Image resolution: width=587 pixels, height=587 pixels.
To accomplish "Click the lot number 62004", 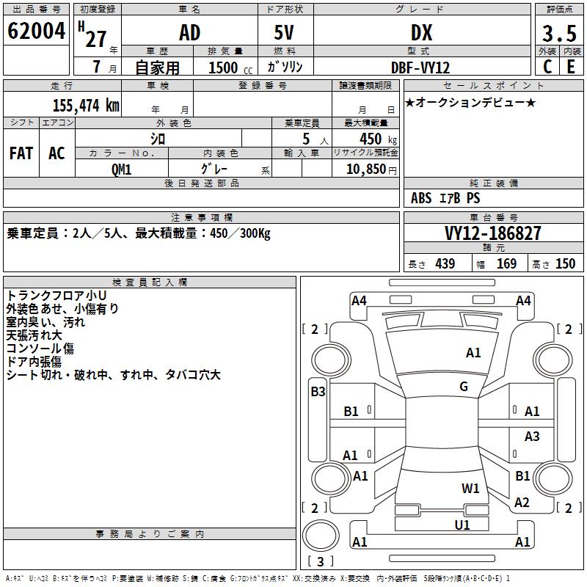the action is coord(36,32).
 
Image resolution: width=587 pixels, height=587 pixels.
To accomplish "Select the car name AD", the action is coord(189,33).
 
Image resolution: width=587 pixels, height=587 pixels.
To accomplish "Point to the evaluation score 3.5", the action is coord(558,34).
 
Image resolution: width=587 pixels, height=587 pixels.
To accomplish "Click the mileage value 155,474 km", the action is coord(86,105).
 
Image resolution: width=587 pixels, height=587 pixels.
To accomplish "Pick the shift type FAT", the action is coord(21,153).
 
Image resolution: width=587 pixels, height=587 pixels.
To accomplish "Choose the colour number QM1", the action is coord(122,168).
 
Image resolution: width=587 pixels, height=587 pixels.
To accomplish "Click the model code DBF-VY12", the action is coord(421,67).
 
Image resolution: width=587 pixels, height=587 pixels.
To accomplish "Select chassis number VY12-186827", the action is coord(493,233).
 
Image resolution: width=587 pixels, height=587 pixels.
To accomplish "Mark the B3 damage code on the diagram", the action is coord(318,392).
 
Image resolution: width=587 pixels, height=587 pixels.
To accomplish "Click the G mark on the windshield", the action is coord(464,387).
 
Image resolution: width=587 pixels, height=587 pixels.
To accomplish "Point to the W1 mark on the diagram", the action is coord(470,488).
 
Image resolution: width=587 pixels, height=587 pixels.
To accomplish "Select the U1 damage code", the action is coord(462,525).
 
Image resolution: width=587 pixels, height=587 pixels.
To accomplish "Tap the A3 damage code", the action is coord(532,437).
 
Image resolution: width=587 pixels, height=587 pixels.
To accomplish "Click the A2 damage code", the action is coord(522,503).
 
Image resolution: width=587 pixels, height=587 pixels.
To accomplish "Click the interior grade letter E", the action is coord(571,67).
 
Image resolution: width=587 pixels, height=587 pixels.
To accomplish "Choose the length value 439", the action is coord(445,264).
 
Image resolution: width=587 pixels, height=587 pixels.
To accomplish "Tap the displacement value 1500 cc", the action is coord(227,68).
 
